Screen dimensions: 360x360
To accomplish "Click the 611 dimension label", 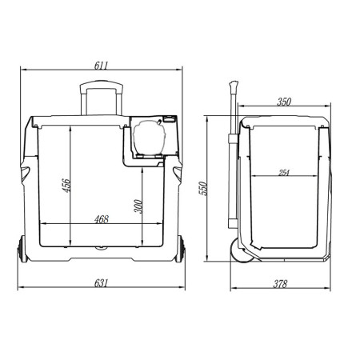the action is tap(102, 66).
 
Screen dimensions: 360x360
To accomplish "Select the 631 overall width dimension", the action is tap(102, 283).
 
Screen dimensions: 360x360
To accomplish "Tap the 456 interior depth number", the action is tap(66, 185).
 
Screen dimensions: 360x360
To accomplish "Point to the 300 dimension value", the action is tap(138, 206).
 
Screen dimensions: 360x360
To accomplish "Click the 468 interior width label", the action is tap(102, 219).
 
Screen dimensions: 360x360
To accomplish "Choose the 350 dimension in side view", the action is tap(284, 102).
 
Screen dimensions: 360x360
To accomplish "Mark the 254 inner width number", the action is tap(284, 173).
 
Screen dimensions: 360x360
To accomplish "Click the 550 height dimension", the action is tap(203, 188).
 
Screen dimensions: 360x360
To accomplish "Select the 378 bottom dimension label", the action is tap(280, 284).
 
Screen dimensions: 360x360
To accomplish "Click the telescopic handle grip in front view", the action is tap(102, 84).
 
